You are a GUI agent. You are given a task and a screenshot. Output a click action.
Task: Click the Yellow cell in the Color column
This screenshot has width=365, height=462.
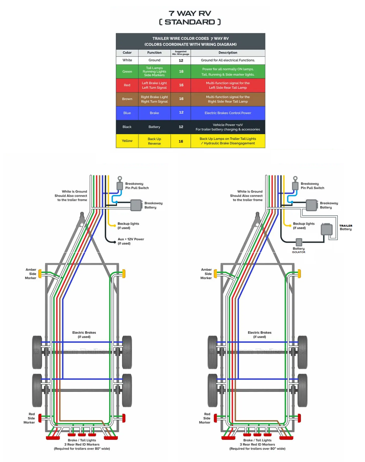tap(127, 141)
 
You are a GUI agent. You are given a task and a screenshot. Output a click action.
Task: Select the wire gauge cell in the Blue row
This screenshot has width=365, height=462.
tap(181, 113)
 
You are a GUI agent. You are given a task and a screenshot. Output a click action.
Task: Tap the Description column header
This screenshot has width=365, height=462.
tap(228, 53)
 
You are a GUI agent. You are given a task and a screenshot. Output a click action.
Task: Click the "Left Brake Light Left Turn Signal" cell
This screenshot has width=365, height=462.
tap(154, 85)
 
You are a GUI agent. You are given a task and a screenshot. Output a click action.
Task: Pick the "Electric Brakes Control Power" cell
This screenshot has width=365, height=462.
tap(228, 113)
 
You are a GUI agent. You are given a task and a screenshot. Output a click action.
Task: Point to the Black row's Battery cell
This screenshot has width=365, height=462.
tap(154, 127)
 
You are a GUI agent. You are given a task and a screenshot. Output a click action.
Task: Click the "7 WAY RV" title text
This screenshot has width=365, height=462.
tap(190, 13)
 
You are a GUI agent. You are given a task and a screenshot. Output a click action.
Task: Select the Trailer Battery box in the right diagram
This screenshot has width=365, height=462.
tap(327, 229)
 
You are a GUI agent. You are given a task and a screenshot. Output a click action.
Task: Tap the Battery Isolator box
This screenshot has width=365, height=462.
tap(299, 242)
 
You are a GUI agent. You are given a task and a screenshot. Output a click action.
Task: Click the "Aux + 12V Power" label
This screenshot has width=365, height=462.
tap(131, 241)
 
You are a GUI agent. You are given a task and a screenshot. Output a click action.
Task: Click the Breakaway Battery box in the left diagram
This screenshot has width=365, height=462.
tap(136, 205)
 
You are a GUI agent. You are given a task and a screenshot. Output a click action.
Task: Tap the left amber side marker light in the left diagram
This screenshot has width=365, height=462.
tap(40, 273)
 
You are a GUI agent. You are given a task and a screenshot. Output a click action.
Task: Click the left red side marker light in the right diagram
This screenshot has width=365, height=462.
tap(215, 418)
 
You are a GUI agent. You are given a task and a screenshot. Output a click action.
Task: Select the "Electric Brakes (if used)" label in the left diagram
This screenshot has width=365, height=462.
tap(84, 334)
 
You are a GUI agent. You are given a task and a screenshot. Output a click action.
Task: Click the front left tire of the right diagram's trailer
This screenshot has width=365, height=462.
tap(212, 352)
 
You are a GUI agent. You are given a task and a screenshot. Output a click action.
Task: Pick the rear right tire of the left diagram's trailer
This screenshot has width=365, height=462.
tap(127, 390)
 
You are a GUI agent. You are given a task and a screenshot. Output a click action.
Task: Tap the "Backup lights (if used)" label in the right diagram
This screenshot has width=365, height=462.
tap(304, 226)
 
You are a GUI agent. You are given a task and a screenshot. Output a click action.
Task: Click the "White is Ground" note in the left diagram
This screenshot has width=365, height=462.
tap(71, 196)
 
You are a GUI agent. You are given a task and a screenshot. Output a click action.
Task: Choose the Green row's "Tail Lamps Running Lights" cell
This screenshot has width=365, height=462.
tap(154, 72)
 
